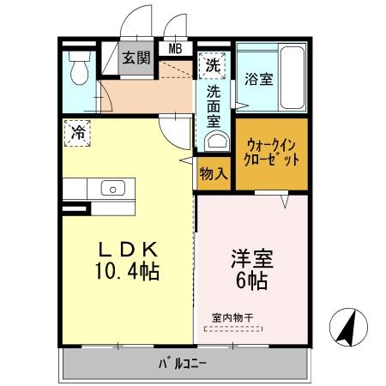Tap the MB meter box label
pos(175,48)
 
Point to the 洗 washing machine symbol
pos(211,63)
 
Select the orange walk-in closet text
pos(272,153)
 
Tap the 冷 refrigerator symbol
pos(77,133)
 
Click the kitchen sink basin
pos(112,187)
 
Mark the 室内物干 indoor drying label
pos(233,317)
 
